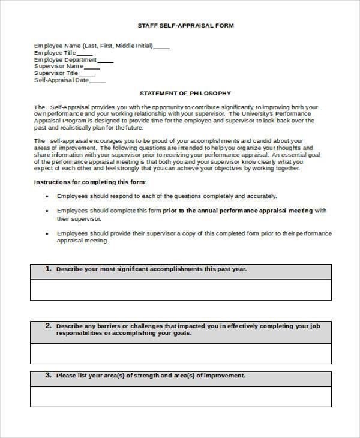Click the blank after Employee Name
[161, 46]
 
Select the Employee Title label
[55, 53]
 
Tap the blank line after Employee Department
[105, 60]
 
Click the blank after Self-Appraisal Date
[98, 80]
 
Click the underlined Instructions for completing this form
[89, 182]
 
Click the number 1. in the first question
[49, 269]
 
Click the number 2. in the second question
[49, 326]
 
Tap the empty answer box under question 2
[181, 353]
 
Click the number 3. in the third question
[49, 376]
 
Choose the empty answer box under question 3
[181, 397]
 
